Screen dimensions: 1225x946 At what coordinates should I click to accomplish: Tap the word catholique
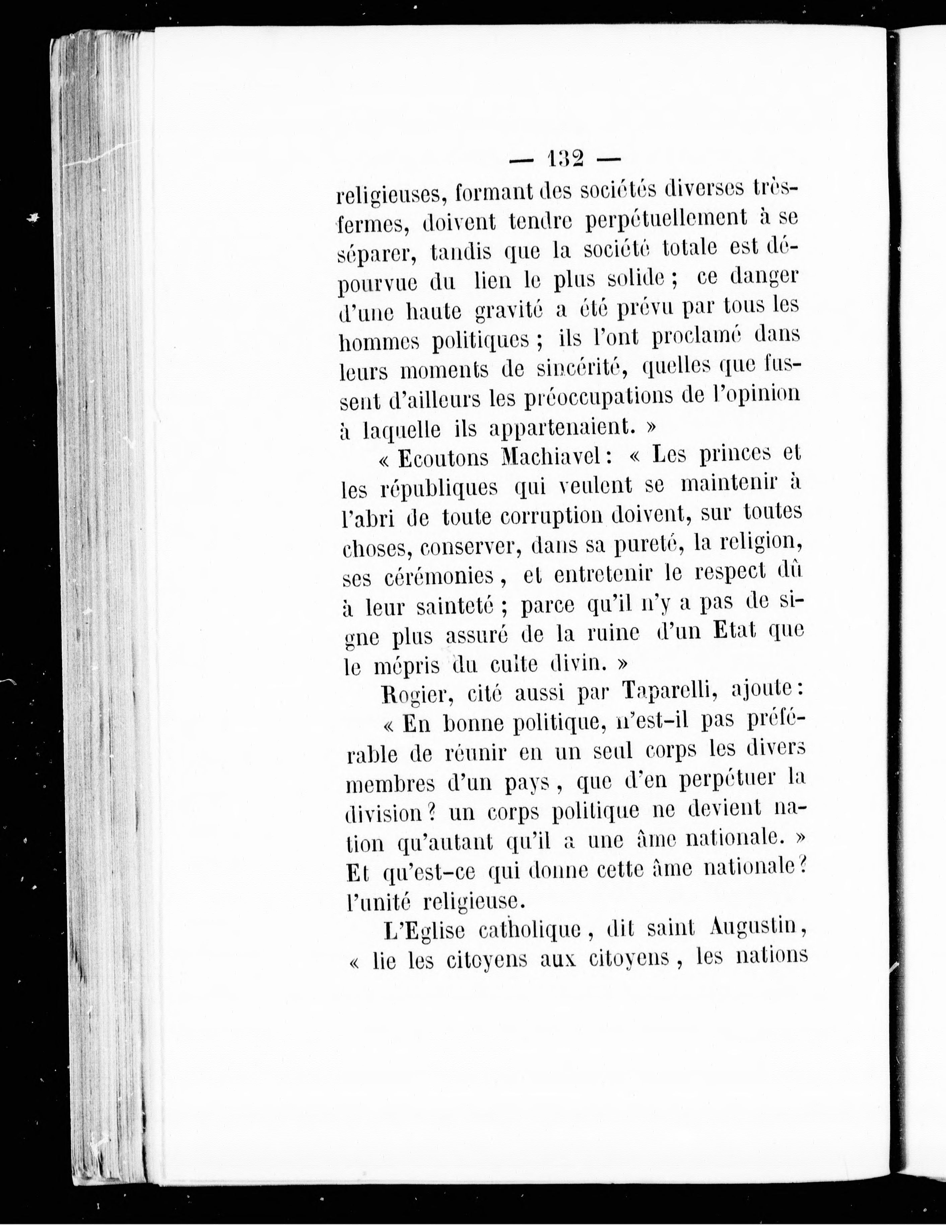(530, 929)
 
